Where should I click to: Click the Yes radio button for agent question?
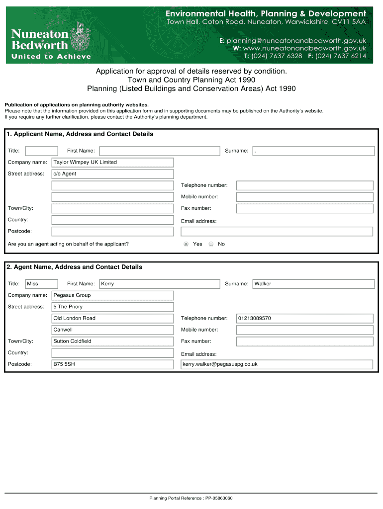[186, 244]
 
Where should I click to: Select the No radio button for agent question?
[211, 244]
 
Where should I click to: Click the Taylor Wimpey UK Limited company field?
[113, 163]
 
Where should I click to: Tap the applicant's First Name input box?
[159, 151]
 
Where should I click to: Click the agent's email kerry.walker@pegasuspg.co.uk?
[277, 364]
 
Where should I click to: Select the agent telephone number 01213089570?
[304, 318]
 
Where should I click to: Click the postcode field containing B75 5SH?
[113, 364]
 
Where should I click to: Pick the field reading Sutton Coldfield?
[113, 341]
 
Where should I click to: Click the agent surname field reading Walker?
[313, 284]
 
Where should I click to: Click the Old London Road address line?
[113, 318]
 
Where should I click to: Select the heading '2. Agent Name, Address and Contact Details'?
[75, 267]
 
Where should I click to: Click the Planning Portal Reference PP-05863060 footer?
[191, 498]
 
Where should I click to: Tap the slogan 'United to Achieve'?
[51, 57]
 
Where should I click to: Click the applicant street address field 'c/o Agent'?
[113, 174]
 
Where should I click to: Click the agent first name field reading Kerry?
[159, 284]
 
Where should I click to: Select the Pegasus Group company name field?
[113, 295]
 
